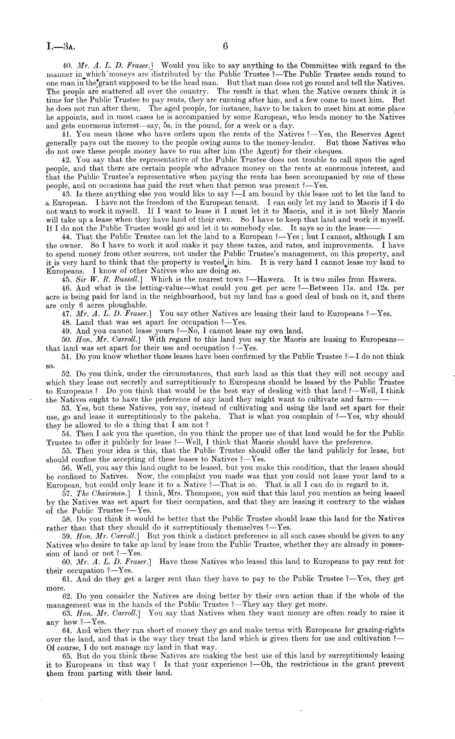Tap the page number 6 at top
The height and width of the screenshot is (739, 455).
coord(225,46)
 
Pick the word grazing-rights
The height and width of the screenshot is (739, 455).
coord(381,630)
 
